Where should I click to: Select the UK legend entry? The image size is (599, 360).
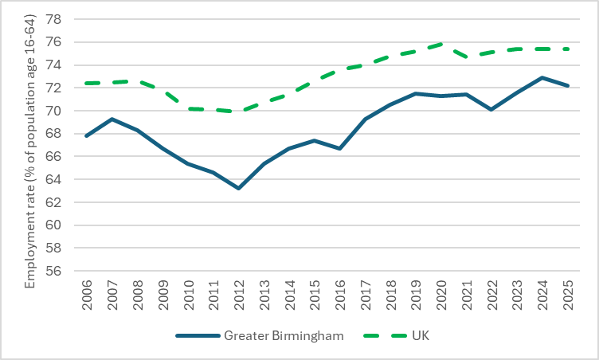pos(420,336)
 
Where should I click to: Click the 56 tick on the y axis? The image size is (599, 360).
pos(61,271)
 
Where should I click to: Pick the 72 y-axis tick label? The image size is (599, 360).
pos(61,88)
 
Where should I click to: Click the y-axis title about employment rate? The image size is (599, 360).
pos(31,144)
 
